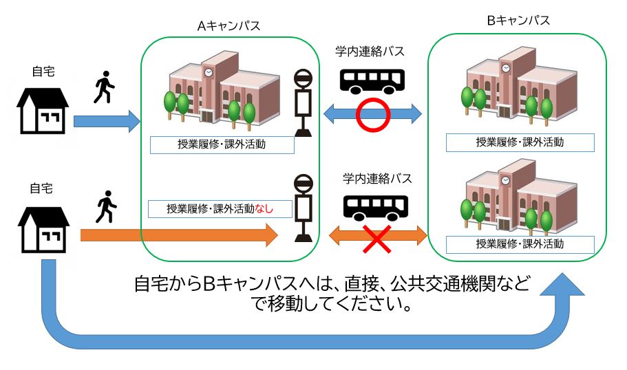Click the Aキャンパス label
click(x=229, y=27)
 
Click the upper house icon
click(x=43, y=108)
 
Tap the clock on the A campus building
click(x=207, y=71)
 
